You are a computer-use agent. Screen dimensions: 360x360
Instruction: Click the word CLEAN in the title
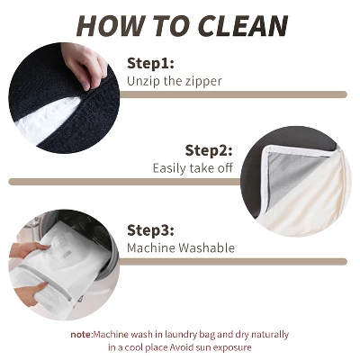pos(243,26)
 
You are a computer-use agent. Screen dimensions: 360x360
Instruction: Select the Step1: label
pos(150,64)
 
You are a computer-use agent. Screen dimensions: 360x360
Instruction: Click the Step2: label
pos(209,150)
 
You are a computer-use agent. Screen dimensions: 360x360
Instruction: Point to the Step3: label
pos(150,230)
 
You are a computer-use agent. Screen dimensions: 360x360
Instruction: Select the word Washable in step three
pos(207,247)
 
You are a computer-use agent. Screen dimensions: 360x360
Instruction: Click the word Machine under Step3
pos(151,247)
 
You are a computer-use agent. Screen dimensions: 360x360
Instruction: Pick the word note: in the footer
pos(82,334)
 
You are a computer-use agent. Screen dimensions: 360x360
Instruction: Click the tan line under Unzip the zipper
pos(233,94)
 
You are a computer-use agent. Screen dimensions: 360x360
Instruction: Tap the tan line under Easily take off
pos(124,182)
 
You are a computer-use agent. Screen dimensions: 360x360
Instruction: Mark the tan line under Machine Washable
pos(233,262)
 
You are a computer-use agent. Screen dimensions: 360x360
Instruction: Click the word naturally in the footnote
pos(269,335)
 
